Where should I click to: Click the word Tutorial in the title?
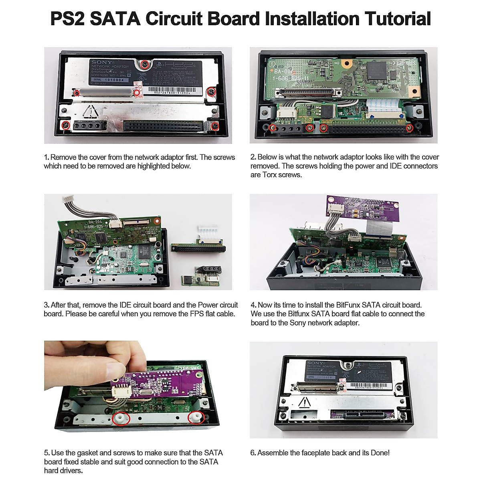point(397,19)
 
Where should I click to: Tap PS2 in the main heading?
point(67,19)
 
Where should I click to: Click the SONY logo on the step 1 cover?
point(102,62)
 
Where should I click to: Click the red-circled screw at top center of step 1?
point(146,64)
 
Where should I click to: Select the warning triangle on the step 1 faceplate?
point(91,111)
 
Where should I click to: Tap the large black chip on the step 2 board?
point(377,70)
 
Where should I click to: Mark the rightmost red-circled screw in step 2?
point(409,128)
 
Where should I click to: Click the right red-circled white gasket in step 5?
point(196,417)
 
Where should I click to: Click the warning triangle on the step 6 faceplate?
point(305,402)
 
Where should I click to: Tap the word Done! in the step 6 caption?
point(380,453)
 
